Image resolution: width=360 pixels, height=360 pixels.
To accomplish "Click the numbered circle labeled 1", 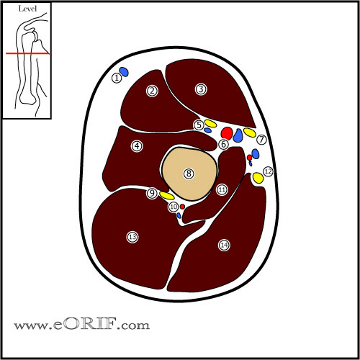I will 117,78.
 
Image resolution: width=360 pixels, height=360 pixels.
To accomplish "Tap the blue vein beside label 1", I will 125,72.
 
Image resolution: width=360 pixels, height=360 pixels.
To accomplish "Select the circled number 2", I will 152,91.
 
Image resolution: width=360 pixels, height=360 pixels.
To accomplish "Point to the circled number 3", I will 201,89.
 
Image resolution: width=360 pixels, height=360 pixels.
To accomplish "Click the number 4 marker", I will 136,146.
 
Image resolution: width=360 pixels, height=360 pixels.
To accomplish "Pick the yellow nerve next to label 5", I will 210,123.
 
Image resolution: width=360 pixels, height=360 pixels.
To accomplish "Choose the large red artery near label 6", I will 226,133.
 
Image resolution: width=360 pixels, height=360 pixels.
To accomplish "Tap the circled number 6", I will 223,145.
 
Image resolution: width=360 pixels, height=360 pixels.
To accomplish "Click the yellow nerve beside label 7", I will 250,132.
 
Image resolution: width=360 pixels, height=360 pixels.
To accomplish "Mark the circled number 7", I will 261,140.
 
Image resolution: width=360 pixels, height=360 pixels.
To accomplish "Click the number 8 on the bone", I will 189,174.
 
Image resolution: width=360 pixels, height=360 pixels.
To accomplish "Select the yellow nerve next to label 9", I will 167,195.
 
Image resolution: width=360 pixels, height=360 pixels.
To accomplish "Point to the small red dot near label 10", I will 182,207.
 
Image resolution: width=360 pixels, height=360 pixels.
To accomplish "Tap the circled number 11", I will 222,189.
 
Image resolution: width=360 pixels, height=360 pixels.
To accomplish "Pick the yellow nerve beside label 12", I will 258,177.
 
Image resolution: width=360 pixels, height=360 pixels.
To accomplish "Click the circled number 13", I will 132,237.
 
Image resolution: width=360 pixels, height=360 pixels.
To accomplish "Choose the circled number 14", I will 224,244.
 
